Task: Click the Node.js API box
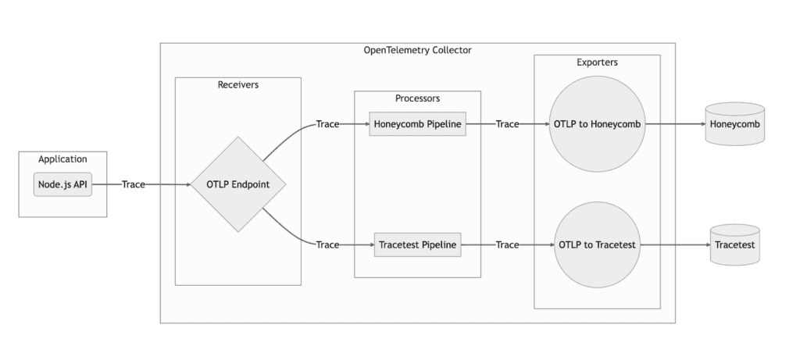coord(62,185)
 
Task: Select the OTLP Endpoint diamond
coord(238,185)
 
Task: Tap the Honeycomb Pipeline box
coord(417,124)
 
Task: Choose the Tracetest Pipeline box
coord(417,245)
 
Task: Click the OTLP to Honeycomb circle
coord(597,124)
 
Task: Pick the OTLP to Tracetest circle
coord(597,245)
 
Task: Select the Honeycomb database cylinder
coord(734,124)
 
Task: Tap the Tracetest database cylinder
coord(734,245)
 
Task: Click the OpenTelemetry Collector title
coord(417,50)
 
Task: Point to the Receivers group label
coord(238,84)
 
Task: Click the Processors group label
coord(417,98)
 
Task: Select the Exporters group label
coord(597,62)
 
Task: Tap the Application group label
coord(62,159)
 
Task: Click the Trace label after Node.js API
coord(134,185)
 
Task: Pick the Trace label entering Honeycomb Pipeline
coord(327,124)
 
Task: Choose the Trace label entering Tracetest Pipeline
coord(327,245)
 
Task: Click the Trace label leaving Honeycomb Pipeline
coord(507,124)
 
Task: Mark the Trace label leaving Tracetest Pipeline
coord(507,245)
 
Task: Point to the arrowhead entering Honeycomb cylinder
coord(701,124)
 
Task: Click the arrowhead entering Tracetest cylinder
coord(705,245)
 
